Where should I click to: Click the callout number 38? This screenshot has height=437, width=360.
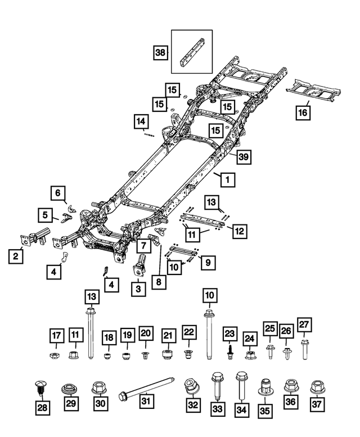point(161,53)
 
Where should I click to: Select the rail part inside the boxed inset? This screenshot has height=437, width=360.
point(191,51)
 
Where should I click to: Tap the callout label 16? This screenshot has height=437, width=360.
point(303,112)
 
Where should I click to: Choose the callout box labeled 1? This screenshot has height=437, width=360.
point(227,180)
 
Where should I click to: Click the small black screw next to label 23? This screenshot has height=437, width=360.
point(230,350)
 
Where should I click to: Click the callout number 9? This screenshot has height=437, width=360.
point(208,262)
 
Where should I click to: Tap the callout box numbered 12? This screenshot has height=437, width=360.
point(239,231)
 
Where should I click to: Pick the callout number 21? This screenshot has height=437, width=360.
point(168,335)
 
